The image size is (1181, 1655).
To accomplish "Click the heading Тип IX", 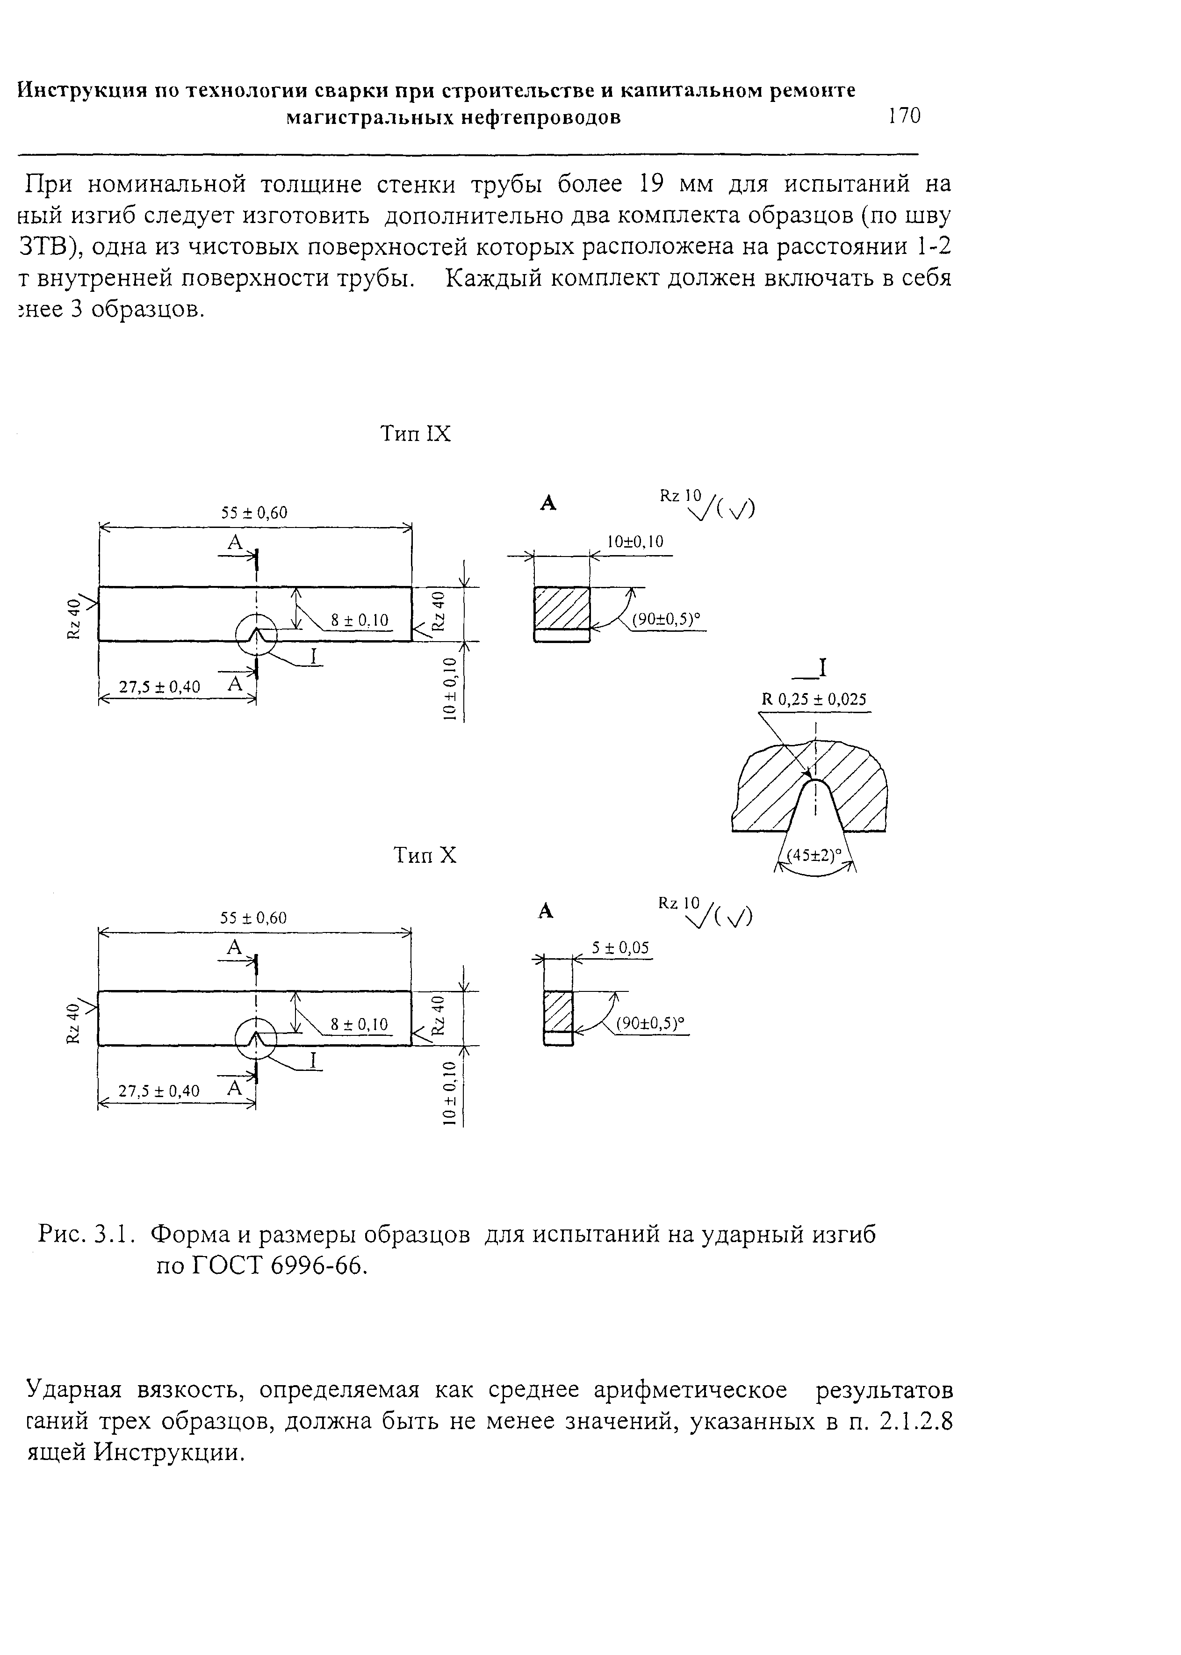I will tap(416, 434).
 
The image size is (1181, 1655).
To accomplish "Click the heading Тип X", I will tap(425, 855).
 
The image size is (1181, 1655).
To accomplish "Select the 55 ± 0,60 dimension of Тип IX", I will tap(254, 513).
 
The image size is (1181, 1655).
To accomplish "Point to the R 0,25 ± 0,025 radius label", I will tap(814, 700).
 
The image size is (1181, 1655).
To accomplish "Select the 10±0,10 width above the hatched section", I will tap(635, 542).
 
